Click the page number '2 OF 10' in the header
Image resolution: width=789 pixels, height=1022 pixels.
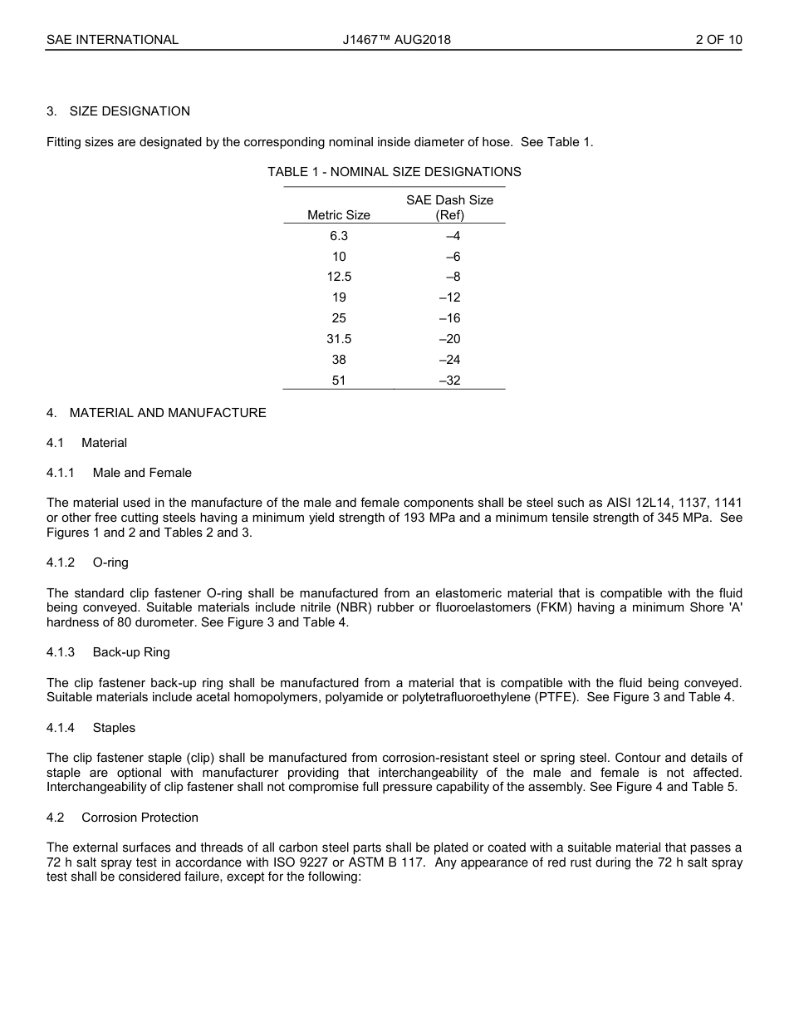point(718,40)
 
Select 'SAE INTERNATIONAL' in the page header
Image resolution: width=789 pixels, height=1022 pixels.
point(112,40)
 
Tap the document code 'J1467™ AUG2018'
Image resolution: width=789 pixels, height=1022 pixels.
point(396,40)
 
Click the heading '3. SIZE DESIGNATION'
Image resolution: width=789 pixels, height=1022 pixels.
point(118,111)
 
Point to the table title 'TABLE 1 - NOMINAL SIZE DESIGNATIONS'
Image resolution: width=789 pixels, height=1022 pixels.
point(394,172)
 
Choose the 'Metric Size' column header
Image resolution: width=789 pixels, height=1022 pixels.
point(339,215)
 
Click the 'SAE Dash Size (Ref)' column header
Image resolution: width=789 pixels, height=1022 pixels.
point(449,208)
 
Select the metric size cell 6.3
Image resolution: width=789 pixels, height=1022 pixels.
point(339,236)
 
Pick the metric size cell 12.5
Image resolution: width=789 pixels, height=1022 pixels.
point(339,277)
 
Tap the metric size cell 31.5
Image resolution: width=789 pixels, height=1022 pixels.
point(339,339)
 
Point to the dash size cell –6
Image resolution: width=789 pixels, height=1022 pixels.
point(453,257)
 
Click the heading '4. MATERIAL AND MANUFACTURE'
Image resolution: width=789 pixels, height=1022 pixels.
point(156,413)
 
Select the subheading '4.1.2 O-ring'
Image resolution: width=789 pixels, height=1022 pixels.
point(87,563)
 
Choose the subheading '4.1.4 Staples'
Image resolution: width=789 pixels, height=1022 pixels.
point(91,728)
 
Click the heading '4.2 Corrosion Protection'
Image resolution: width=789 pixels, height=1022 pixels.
point(122,818)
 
